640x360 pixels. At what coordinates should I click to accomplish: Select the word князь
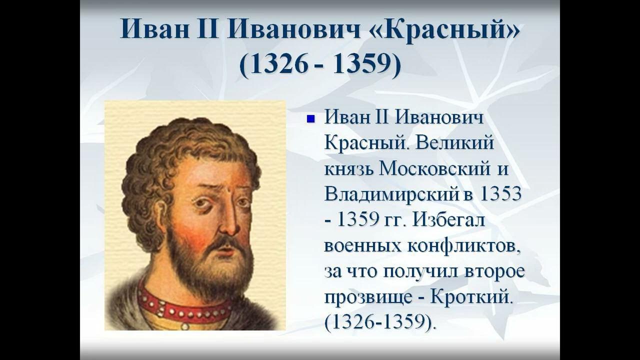(348, 169)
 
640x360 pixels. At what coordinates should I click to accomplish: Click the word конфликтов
(463, 246)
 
